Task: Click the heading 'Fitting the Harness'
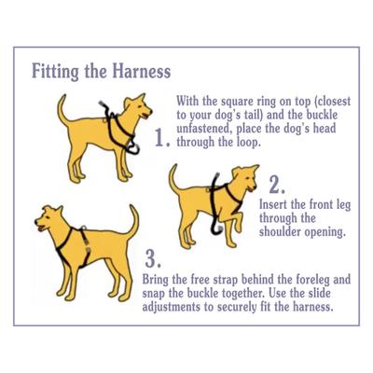click(x=101, y=72)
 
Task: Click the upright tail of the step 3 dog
click(x=132, y=222)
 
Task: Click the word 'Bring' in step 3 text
click(x=162, y=278)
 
